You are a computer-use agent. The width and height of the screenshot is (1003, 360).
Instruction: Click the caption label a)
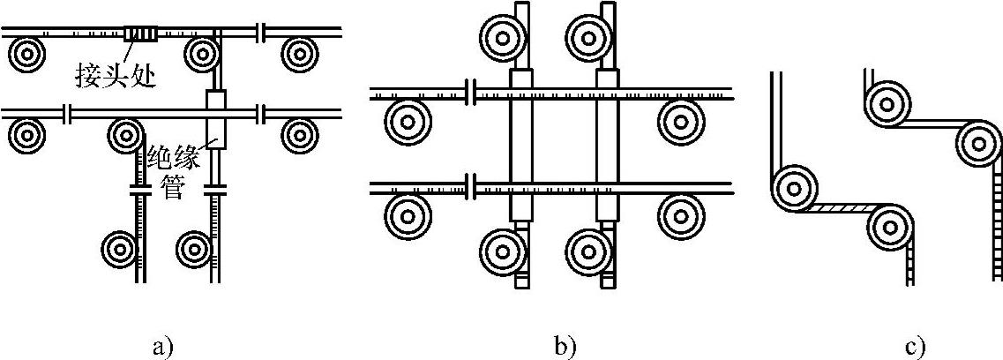point(160,347)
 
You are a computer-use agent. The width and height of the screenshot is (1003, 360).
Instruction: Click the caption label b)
point(565,347)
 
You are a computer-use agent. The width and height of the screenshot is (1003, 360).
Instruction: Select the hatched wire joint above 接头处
point(140,34)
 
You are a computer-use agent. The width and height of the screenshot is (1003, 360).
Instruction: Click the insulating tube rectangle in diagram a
point(217,118)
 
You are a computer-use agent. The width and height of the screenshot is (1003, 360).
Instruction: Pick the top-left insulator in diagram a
point(27,54)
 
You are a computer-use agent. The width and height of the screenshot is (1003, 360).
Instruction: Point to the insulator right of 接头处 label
point(204,55)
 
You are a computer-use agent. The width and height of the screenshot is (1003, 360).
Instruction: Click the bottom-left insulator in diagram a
point(121,248)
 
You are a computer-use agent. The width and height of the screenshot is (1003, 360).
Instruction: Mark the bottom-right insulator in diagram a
point(195,248)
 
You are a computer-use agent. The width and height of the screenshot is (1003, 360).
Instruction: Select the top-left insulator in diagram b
point(502,37)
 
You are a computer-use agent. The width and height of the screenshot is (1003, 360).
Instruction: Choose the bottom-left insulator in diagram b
point(502,250)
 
